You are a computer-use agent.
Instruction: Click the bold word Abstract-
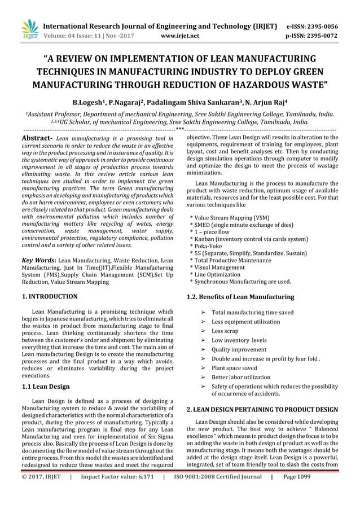click(x=37, y=138)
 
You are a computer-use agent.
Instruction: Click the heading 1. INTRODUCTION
click(x=50, y=296)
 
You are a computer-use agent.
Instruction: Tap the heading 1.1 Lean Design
click(x=46, y=387)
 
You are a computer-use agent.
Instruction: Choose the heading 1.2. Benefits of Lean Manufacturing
click(x=240, y=297)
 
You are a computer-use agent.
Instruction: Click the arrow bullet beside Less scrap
click(x=203, y=331)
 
